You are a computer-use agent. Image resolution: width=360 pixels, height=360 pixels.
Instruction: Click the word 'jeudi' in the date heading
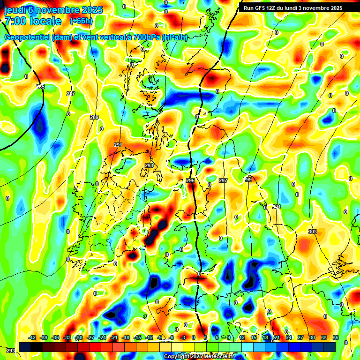[x=16, y=10]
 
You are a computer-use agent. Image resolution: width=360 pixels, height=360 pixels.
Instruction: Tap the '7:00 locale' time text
[x=33, y=21]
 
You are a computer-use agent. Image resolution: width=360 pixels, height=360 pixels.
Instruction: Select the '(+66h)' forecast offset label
[x=81, y=21]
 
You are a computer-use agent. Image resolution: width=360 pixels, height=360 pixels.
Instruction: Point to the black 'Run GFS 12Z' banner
[x=293, y=8]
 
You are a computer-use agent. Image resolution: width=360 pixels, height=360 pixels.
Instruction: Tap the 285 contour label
[x=40, y=87]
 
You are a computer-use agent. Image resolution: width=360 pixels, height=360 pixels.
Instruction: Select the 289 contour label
[x=94, y=117]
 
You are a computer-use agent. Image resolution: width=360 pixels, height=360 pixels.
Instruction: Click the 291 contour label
[x=118, y=145]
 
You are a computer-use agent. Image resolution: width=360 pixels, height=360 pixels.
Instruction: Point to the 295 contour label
[x=190, y=180]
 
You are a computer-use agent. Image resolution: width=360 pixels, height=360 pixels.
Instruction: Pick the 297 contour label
[x=223, y=180]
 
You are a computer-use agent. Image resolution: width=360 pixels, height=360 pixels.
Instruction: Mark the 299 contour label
[x=248, y=180]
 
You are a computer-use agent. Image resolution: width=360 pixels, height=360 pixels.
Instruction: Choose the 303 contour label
[x=313, y=232]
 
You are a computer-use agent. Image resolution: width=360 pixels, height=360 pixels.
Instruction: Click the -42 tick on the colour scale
[x=32, y=337]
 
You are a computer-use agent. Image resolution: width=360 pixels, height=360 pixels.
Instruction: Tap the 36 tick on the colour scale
[x=336, y=337]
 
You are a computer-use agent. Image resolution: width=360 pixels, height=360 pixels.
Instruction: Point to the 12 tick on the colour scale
[x=242, y=337]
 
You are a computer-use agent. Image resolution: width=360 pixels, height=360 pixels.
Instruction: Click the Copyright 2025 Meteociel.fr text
[x=199, y=356]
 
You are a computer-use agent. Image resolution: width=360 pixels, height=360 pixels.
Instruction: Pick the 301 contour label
[x=277, y=207]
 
